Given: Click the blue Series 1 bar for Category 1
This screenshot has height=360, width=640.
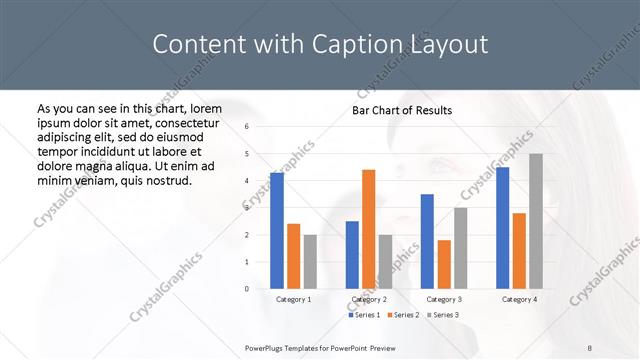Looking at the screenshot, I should (277, 230).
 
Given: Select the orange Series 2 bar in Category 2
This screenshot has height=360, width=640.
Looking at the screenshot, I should (368, 229).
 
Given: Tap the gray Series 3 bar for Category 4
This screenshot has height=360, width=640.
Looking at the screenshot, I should (536, 221).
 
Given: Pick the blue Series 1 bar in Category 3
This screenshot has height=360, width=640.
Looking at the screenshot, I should (427, 241).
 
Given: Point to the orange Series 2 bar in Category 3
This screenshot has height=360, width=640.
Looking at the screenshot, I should (444, 264).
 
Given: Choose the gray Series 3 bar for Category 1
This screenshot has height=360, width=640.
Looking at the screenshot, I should (310, 261).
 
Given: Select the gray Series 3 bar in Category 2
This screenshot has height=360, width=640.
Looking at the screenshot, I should (385, 261).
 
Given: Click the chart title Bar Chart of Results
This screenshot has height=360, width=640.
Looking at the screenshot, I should (402, 110).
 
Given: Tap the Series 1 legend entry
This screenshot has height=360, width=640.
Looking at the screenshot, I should (364, 315).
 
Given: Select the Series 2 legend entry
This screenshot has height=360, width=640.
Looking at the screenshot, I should (403, 315).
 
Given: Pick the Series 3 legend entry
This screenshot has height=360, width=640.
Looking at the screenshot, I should (443, 315).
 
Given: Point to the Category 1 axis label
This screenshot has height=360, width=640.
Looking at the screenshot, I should (293, 299).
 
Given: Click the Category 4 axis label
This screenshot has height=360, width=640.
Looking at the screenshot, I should (519, 299).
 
